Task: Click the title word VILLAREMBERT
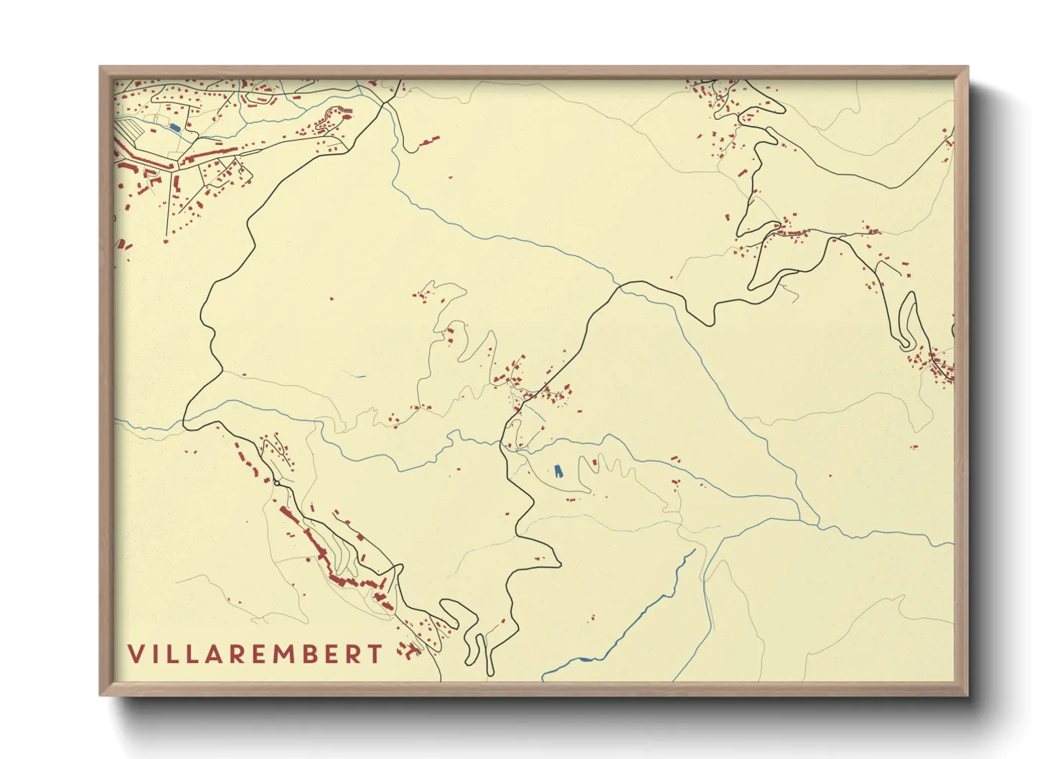(x=255, y=654)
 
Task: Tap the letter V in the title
(x=135, y=654)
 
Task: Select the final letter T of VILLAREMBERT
(x=375, y=654)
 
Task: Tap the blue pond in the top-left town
(x=174, y=128)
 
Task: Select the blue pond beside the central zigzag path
(x=558, y=471)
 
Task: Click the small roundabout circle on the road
(x=276, y=484)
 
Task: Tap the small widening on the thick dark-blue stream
(x=586, y=659)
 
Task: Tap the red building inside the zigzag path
(x=594, y=464)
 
